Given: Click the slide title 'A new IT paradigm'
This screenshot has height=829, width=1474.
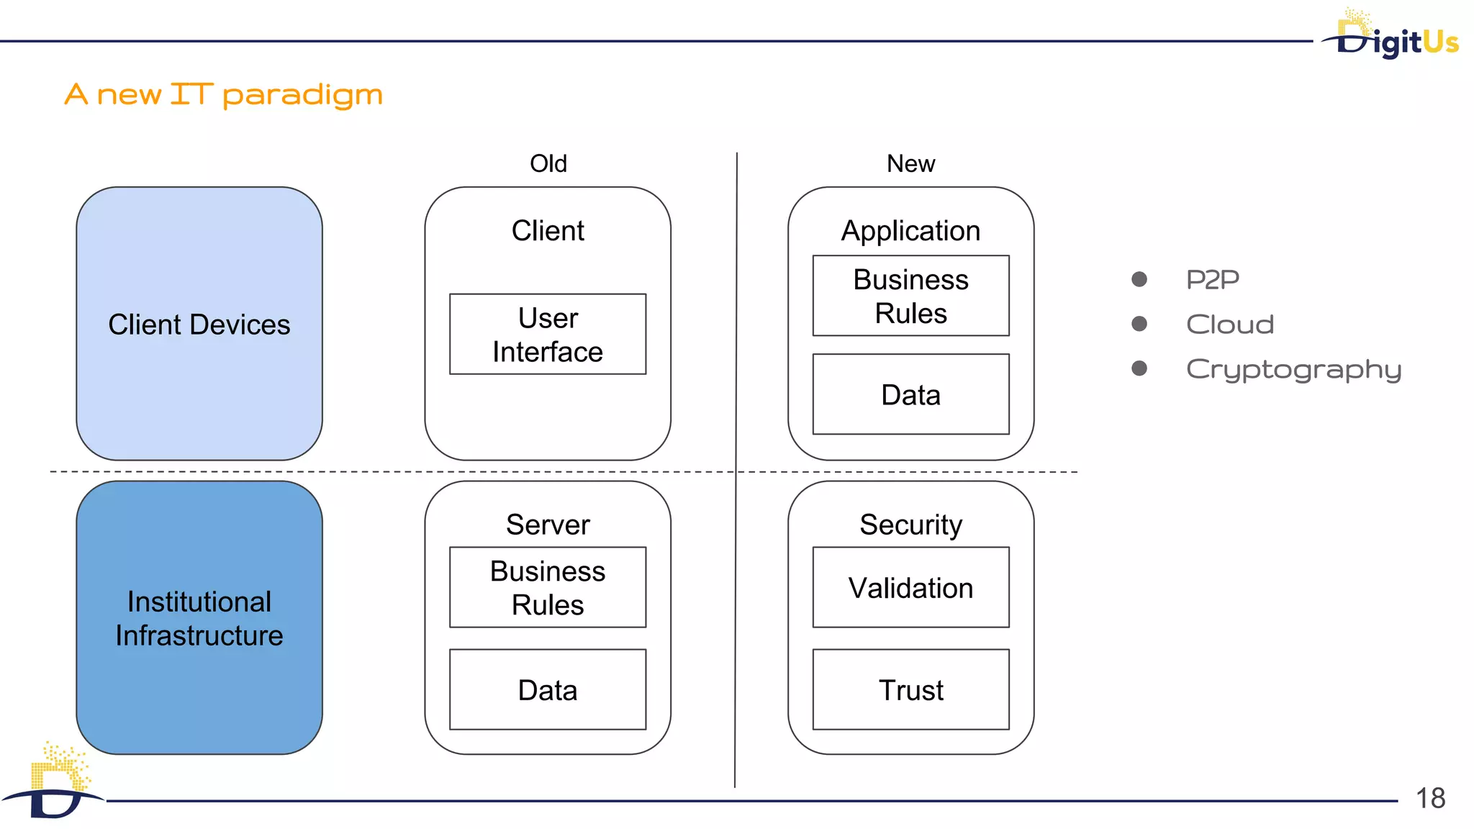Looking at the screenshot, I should coord(223,94).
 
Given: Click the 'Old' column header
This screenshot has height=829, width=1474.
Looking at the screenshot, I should coord(548,163).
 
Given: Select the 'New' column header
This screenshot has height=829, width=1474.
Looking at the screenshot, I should coord(910,163).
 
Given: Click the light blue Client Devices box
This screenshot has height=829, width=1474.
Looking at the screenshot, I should coord(199,324).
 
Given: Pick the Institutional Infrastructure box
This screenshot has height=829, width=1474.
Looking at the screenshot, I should coord(199,617).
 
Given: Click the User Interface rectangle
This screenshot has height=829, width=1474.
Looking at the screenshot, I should coord(548,334).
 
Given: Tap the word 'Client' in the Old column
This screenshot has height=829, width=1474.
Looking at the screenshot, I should coord(548,230).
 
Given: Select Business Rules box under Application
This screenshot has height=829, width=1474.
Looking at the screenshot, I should coord(910,296).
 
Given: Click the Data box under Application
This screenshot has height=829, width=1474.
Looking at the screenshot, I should coord(910,394).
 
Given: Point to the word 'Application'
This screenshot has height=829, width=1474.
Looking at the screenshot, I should coord(910,230).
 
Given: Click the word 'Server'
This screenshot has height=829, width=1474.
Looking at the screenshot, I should coord(548,524).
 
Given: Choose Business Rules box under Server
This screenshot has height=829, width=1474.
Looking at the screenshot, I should coord(548,587).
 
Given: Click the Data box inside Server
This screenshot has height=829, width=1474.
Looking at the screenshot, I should coord(548,689).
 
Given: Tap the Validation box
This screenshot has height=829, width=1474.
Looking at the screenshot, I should coord(910,587).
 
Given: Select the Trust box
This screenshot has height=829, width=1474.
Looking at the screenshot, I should coord(910,689).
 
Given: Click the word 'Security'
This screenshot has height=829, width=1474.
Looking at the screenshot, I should coord(910,524).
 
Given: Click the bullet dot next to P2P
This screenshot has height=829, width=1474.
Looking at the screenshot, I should coord(1139,279).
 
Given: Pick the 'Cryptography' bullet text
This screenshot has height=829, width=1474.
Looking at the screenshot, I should coord(1293,369).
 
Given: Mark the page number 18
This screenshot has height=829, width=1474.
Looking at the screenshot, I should coord(1430,798).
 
